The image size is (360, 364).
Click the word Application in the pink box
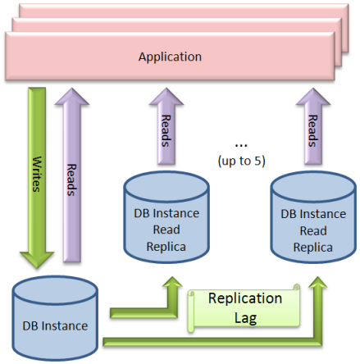(170, 57)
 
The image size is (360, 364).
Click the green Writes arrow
(37, 178)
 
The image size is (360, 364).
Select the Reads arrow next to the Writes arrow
(72, 175)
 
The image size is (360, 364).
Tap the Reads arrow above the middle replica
(166, 126)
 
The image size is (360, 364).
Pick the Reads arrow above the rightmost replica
(313, 126)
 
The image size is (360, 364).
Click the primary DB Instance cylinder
(55, 318)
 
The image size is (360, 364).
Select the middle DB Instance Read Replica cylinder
(166, 217)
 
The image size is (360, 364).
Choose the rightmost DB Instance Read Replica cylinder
(313, 217)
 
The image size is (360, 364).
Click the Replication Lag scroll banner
(244, 308)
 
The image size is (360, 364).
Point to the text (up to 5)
(241, 161)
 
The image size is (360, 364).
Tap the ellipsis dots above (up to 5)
(241, 146)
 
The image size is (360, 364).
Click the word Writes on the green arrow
(37, 174)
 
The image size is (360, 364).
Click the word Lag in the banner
(245, 318)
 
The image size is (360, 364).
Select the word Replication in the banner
(245, 298)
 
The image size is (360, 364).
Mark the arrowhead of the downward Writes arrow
(37, 260)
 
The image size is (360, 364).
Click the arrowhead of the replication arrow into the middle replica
(172, 281)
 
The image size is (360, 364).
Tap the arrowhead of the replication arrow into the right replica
(318, 282)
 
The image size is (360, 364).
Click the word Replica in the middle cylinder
(166, 247)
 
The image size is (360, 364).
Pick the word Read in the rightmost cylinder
(313, 231)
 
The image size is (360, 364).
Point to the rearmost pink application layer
(184, 11)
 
